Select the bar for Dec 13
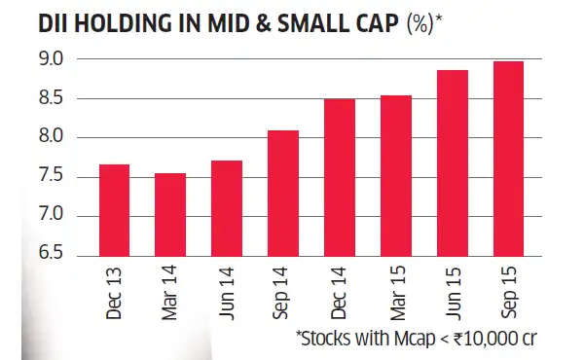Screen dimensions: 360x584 tap(114, 209)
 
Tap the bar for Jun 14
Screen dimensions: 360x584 tap(227, 207)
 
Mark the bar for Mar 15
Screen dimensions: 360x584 tap(395, 175)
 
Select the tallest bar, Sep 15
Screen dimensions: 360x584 tap(507, 159)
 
